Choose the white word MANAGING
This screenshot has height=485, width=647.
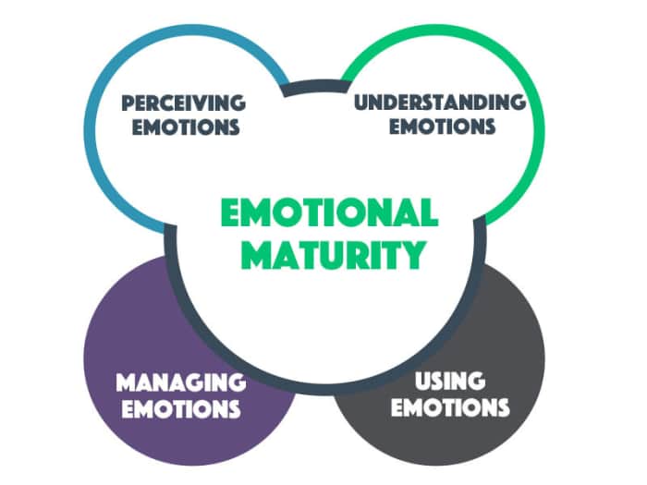[180, 382]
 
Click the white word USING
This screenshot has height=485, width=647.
[450, 380]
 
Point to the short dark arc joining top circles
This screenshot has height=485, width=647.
[313, 89]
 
